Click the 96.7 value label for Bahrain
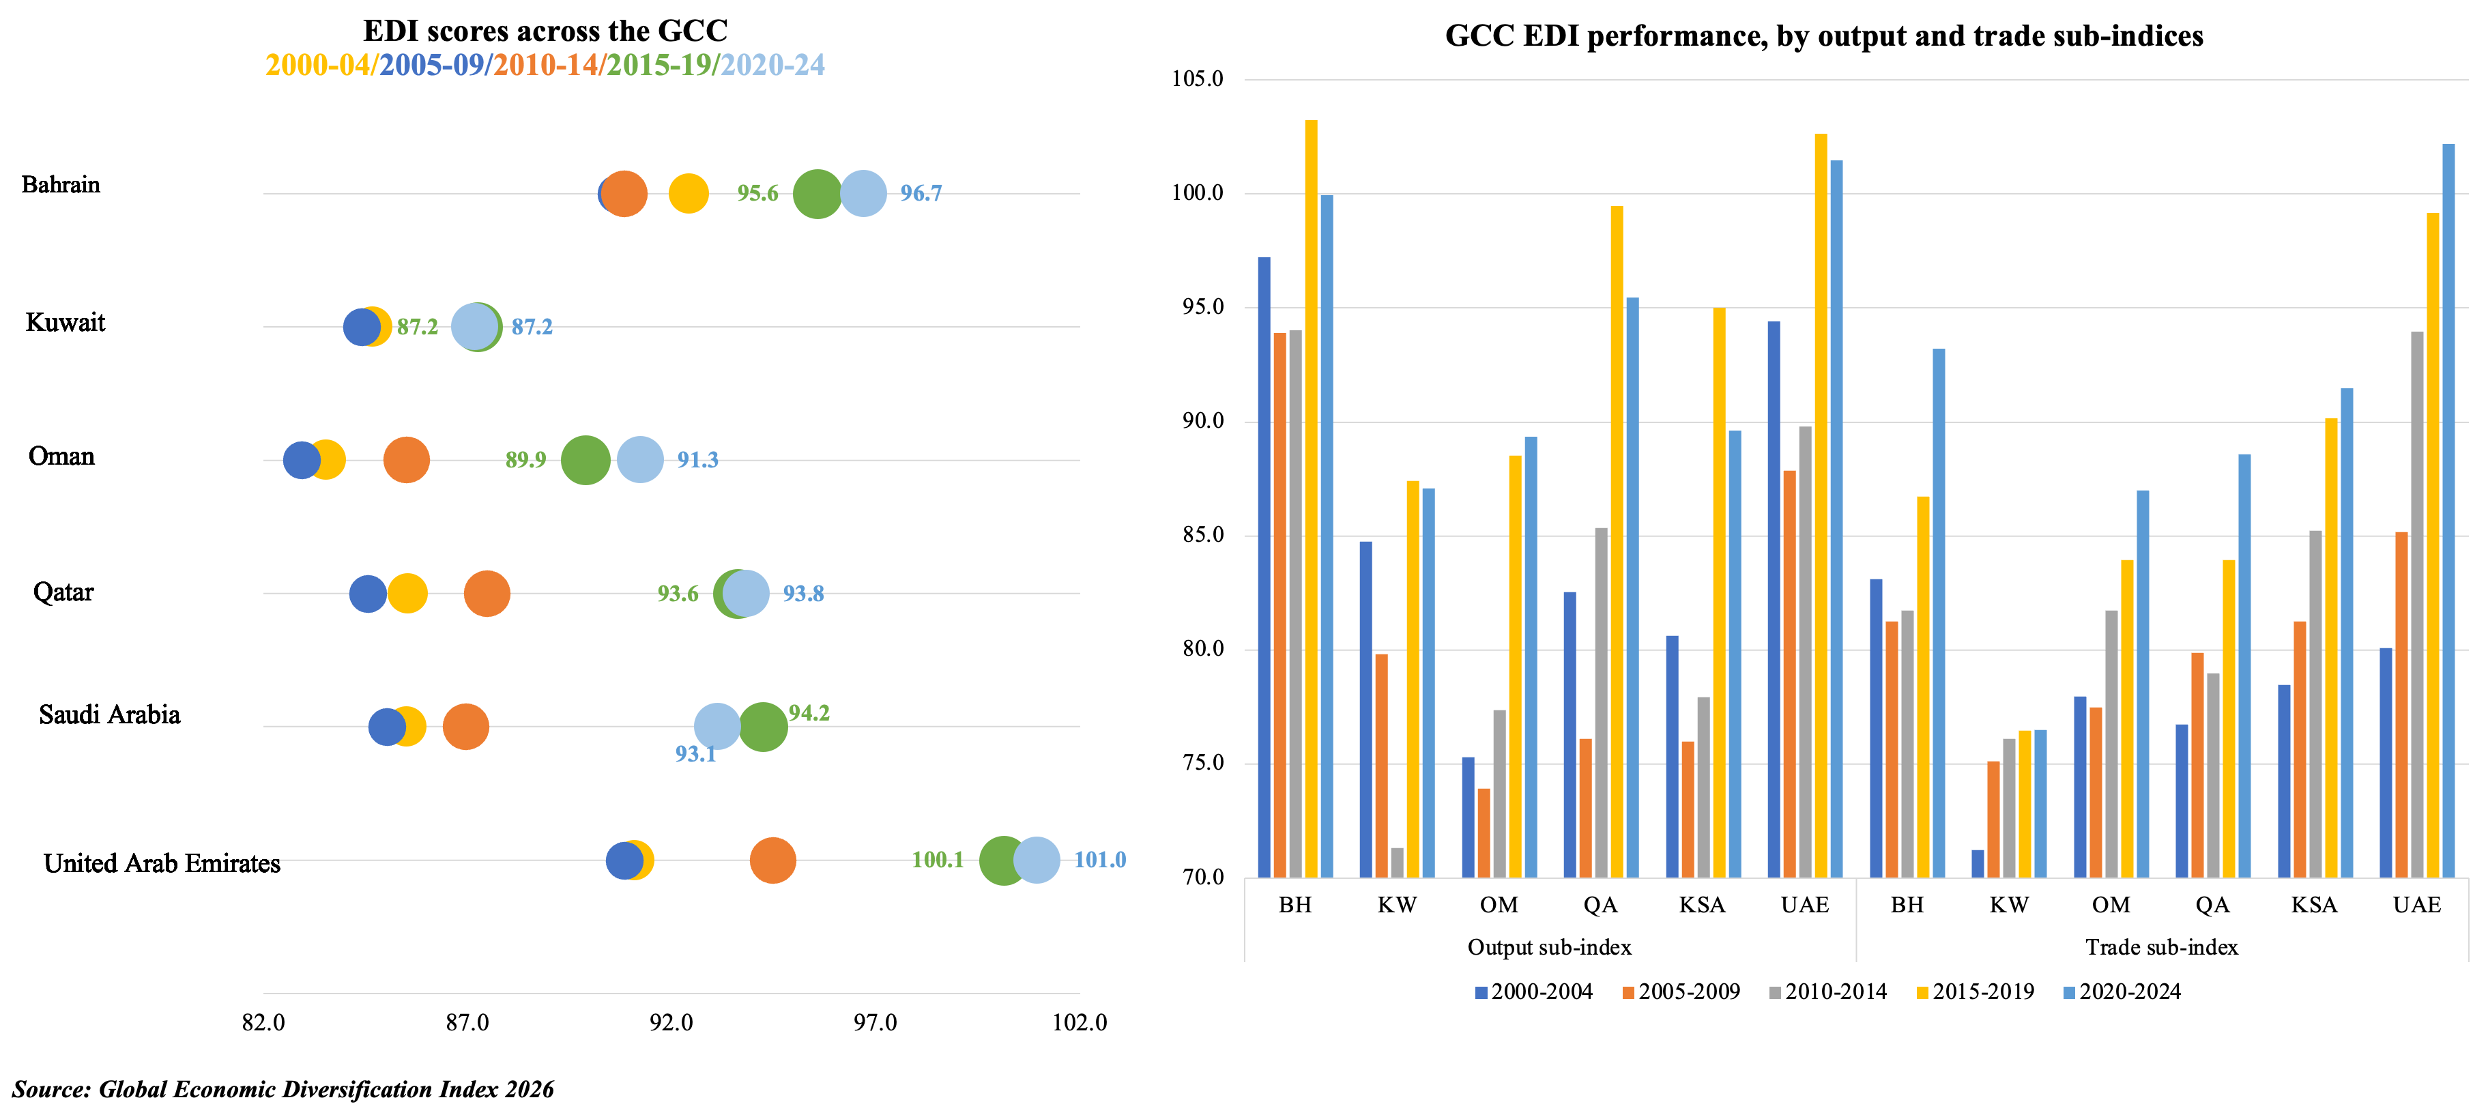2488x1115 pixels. [x=921, y=193]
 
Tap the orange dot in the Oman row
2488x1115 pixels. [x=407, y=460]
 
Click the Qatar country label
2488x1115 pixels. [x=63, y=592]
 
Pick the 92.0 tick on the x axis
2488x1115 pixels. [x=671, y=1022]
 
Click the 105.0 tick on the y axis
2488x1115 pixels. [x=1197, y=79]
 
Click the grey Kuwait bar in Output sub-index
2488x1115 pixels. [x=1397, y=863]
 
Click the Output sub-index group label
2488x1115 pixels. [x=1549, y=947]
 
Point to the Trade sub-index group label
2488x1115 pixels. [x=2162, y=947]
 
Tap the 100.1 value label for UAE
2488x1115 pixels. [x=937, y=860]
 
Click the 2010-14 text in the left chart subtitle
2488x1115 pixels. [x=547, y=66]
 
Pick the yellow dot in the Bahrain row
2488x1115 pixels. [x=689, y=193]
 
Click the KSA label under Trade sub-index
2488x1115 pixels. [x=2314, y=906]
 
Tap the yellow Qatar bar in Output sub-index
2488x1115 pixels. [x=1617, y=541]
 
